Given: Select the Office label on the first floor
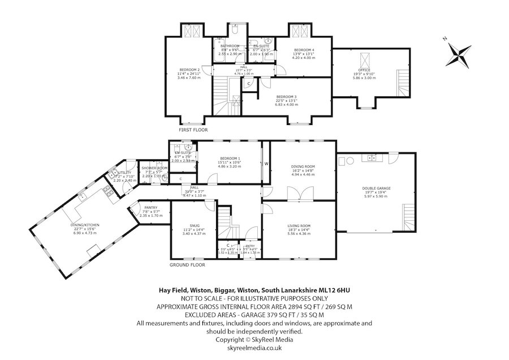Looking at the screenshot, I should tap(364, 70).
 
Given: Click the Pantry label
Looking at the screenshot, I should tap(150, 208).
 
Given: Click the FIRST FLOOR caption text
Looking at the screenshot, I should tap(193, 130).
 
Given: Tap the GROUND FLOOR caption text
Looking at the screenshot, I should tap(187, 264).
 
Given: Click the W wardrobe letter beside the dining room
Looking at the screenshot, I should tap(266, 165).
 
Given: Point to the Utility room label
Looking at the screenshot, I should tap(124, 173).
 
